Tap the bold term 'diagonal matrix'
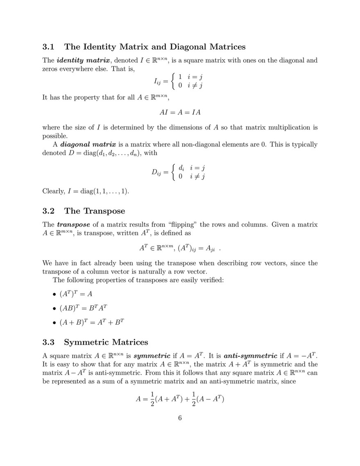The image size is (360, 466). point(88,145)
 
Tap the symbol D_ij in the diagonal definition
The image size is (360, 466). point(156,173)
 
